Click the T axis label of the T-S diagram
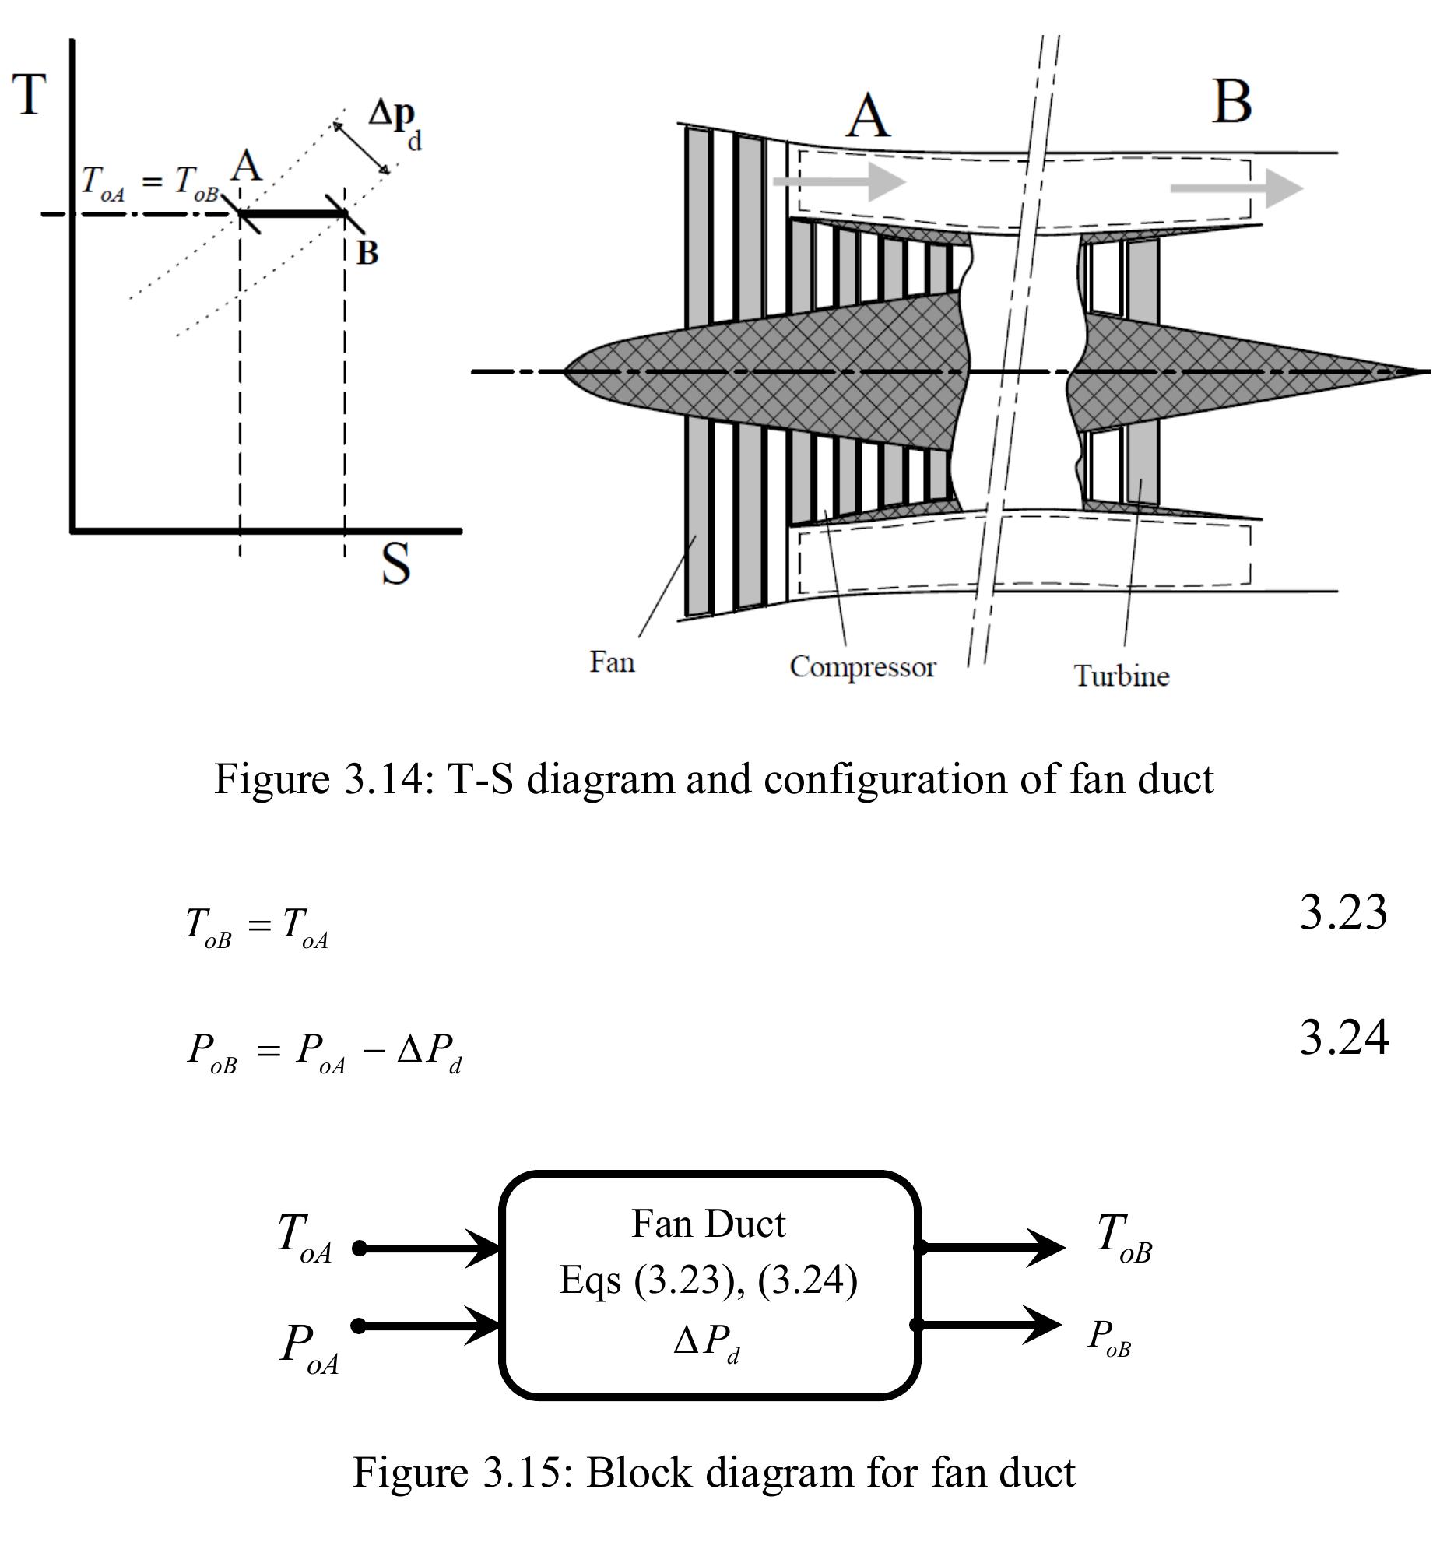(30, 95)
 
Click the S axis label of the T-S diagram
(395, 565)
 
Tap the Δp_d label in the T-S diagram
(395, 124)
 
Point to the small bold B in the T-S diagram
(367, 253)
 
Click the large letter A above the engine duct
(869, 116)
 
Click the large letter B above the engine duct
(1231, 102)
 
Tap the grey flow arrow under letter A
(838, 181)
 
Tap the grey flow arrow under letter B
(1235, 188)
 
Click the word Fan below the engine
(612, 662)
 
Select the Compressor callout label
(862, 667)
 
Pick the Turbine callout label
(1121, 676)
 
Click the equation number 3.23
(1343, 912)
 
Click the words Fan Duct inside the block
(708, 1224)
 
